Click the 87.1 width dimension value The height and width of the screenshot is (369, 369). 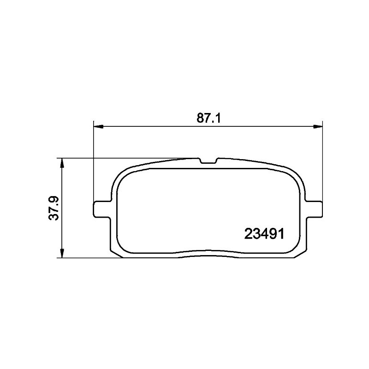click(209, 118)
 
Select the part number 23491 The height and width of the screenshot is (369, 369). click(264, 234)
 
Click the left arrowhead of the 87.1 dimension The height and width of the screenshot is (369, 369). click(99, 126)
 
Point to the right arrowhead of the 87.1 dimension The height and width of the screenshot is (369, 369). click(318, 126)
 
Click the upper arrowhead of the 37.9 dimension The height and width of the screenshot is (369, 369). click(62, 163)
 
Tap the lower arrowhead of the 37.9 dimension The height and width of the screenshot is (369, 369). click(62, 253)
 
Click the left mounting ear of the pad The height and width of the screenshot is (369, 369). click(102, 209)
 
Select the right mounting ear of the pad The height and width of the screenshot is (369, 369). click(314, 209)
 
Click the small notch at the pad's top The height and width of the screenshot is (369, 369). click(208, 161)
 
